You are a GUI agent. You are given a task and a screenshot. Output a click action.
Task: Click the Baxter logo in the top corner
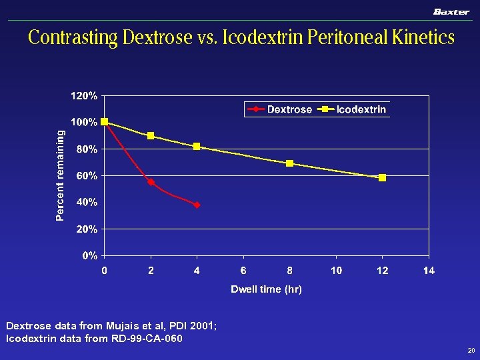[451, 11]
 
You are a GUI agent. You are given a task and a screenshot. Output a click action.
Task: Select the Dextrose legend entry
[281, 109]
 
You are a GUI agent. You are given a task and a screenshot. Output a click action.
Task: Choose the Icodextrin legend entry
[353, 109]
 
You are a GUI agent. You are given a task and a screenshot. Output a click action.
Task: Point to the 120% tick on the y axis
[84, 96]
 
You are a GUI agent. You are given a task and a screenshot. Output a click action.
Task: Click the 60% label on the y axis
[87, 176]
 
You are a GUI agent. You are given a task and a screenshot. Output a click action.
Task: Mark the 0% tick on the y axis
[90, 255]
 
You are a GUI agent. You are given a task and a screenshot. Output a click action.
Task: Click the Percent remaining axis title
[61, 175]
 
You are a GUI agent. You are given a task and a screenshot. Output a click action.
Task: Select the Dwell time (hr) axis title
[266, 289]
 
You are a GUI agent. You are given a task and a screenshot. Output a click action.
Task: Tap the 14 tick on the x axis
[429, 270]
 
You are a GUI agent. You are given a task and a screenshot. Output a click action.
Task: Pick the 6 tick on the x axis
[243, 270]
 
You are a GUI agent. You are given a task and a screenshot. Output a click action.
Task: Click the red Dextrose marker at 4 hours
[197, 205]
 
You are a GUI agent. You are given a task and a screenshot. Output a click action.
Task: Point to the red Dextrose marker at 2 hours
[151, 182]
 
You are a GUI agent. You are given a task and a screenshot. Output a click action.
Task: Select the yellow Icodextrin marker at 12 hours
[382, 178]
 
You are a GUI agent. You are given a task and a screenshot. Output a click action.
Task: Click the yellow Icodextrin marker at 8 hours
[289, 163]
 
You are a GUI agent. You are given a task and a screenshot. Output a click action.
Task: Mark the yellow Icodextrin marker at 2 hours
[151, 135]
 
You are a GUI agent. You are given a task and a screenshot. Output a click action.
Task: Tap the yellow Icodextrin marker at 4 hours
[197, 147]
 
